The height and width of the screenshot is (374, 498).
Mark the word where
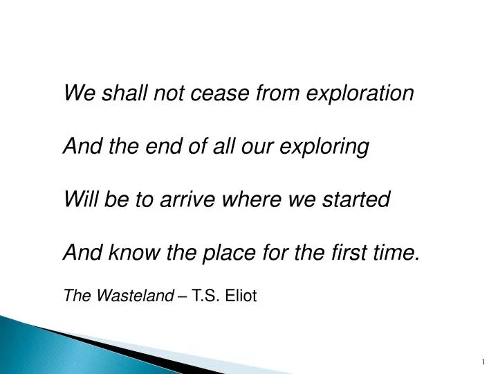click(x=248, y=200)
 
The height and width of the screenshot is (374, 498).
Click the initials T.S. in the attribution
click(x=205, y=296)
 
